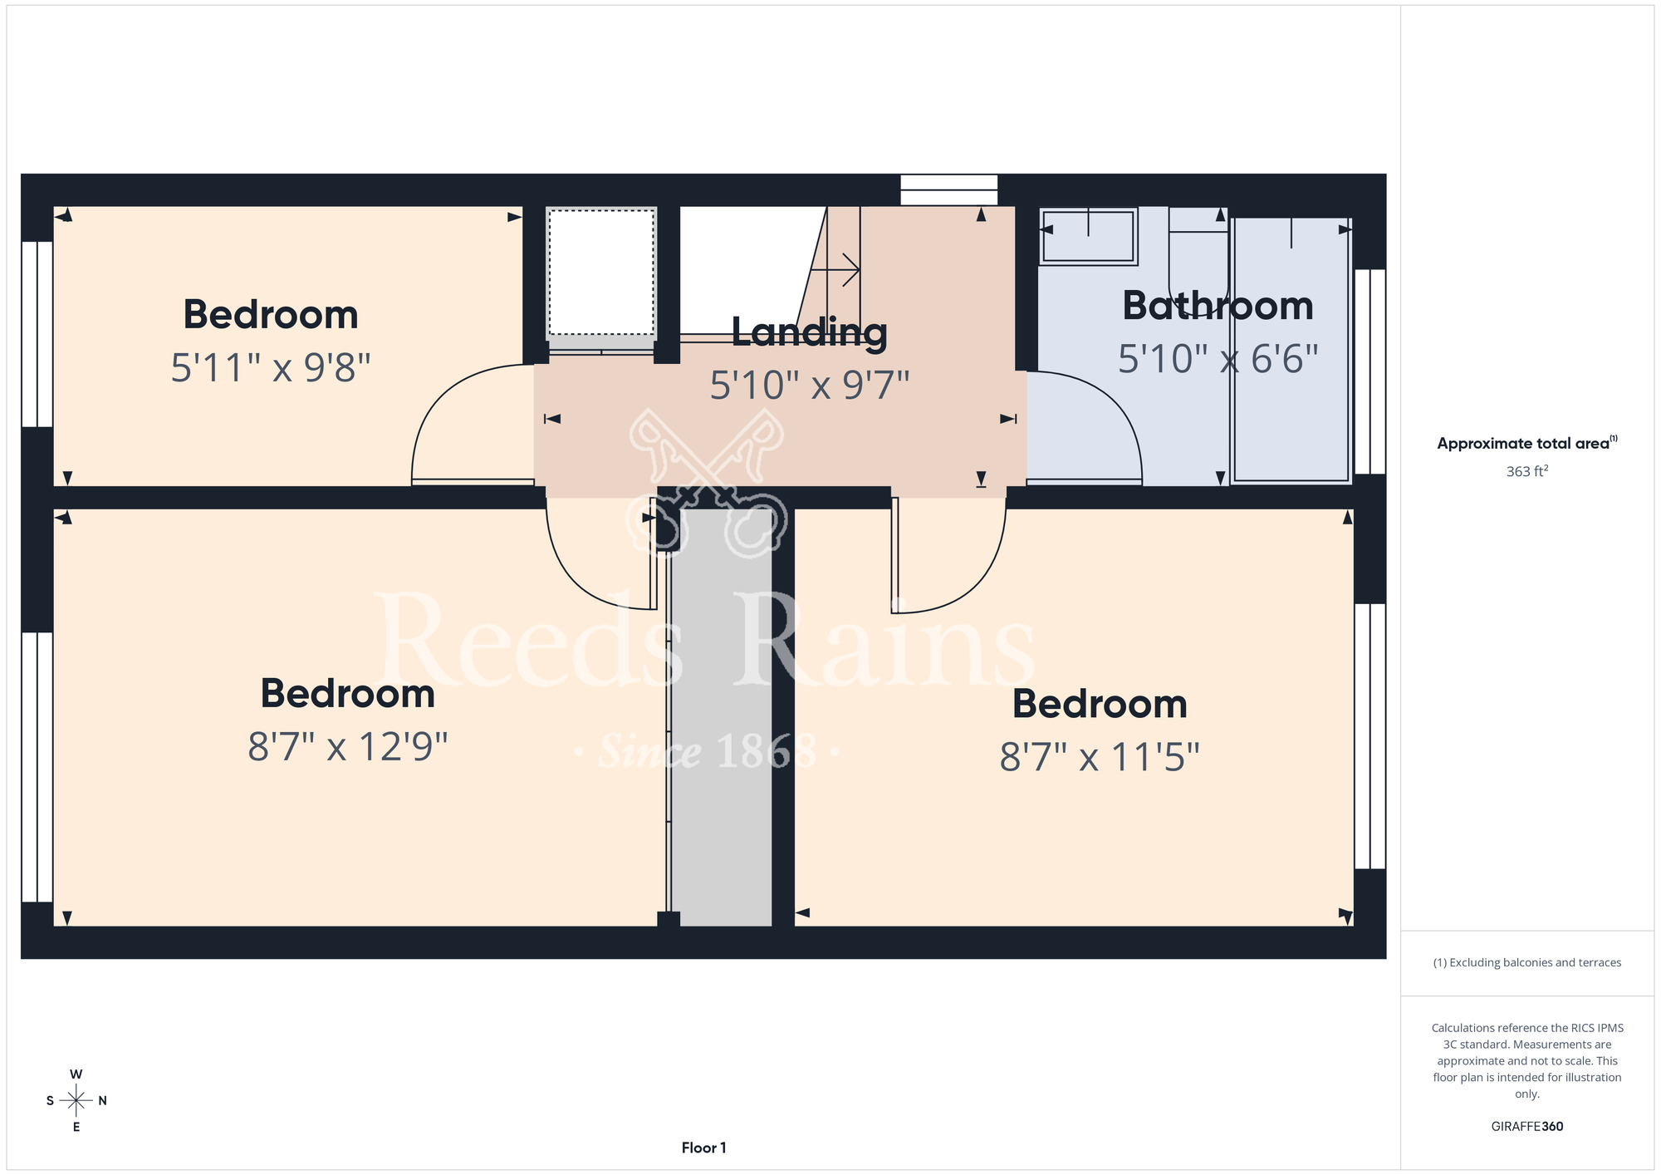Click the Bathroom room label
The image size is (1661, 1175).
pyautogui.click(x=1218, y=306)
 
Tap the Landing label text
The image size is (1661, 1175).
pyautogui.click(x=810, y=332)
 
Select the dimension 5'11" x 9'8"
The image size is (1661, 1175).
pyautogui.click(x=271, y=367)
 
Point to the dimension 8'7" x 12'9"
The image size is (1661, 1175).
pyautogui.click(x=348, y=746)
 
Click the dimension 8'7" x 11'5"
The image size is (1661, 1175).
pyautogui.click(x=1100, y=757)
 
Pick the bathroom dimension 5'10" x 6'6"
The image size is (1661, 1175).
pyautogui.click(x=1218, y=359)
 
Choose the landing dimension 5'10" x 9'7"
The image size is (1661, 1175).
pyautogui.click(x=810, y=386)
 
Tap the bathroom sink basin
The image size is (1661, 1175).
pyautogui.click(x=1088, y=237)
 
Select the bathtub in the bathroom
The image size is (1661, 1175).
pyautogui.click(x=1291, y=350)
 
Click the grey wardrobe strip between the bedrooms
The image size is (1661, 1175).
pyautogui.click(x=721, y=718)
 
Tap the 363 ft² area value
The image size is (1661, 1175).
pyautogui.click(x=1527, y=471)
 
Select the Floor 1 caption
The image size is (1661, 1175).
pyautogui.click(x=703, y=1148)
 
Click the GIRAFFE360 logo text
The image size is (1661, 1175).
pyautogui.click(x=1527, y=1127)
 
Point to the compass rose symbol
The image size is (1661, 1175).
pyautogui.click(x=76, y=1101)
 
